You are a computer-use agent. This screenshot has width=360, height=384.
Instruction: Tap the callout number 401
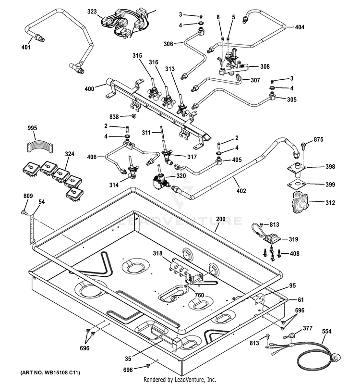[x=26, y=47]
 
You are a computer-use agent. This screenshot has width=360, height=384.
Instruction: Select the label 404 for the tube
[x=300, y=27]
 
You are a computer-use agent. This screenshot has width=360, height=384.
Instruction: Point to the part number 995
[x=32, y=128]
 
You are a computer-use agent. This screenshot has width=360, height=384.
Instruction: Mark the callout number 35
[x=128, y=357]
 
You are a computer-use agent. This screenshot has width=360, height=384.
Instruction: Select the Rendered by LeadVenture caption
[x=180, y=379]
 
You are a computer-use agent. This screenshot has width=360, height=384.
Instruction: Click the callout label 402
[x=241, y=191]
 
